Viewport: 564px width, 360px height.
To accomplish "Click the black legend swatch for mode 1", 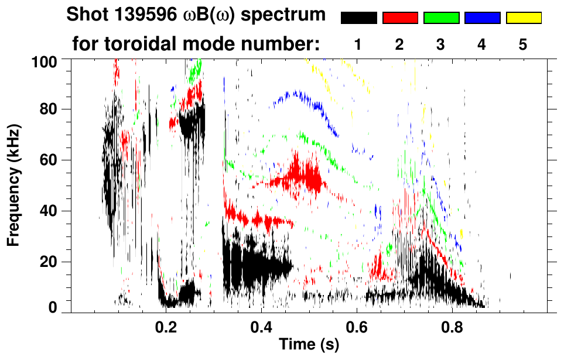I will (359, 18).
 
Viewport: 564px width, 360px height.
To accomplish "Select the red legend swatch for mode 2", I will (400, 18).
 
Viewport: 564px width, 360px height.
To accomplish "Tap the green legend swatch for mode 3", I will (441, 18).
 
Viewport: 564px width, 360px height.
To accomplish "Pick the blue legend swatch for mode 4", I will (482, 18).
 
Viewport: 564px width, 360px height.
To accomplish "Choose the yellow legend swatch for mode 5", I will (523, 18).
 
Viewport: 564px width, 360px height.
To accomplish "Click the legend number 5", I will (523, 44).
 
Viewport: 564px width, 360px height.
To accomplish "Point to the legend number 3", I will (441, 44).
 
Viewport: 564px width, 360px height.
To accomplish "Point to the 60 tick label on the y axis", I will (49, 160).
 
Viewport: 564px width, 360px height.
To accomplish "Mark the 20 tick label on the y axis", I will (49, 262).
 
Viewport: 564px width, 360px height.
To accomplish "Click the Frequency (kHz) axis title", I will (14, 185).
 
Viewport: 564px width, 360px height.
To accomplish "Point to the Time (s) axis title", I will (309, 345).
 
